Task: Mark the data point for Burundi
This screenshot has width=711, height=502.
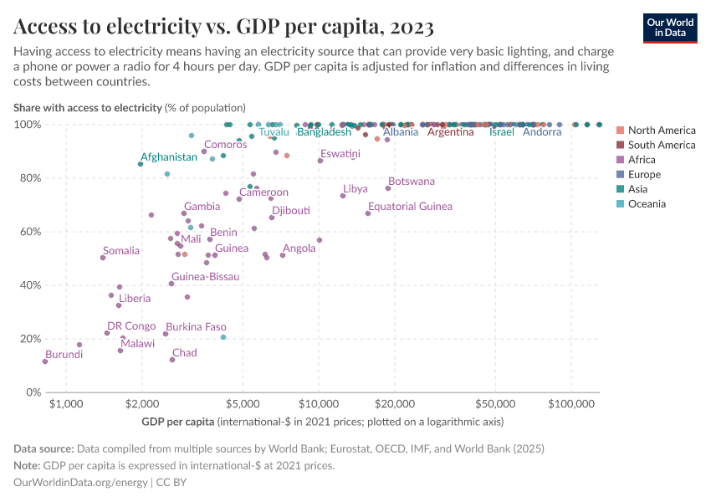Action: coord(45,361)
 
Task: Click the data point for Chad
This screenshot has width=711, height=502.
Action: coord(172,360)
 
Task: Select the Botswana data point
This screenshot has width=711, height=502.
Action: coord(388,188)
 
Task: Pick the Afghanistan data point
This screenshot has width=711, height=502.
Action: coord(141,164)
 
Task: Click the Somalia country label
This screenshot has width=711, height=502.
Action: coord(121,250)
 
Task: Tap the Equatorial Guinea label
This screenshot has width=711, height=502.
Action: coord(410,206)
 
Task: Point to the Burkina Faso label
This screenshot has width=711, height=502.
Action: coord(196,326)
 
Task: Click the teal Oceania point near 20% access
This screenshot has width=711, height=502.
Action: coord(223,337)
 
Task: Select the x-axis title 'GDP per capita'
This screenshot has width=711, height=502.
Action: coord(178,421)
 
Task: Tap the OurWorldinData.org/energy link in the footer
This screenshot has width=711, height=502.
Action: coord(81,483)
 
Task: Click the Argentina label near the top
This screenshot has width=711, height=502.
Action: coord(451,132)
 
